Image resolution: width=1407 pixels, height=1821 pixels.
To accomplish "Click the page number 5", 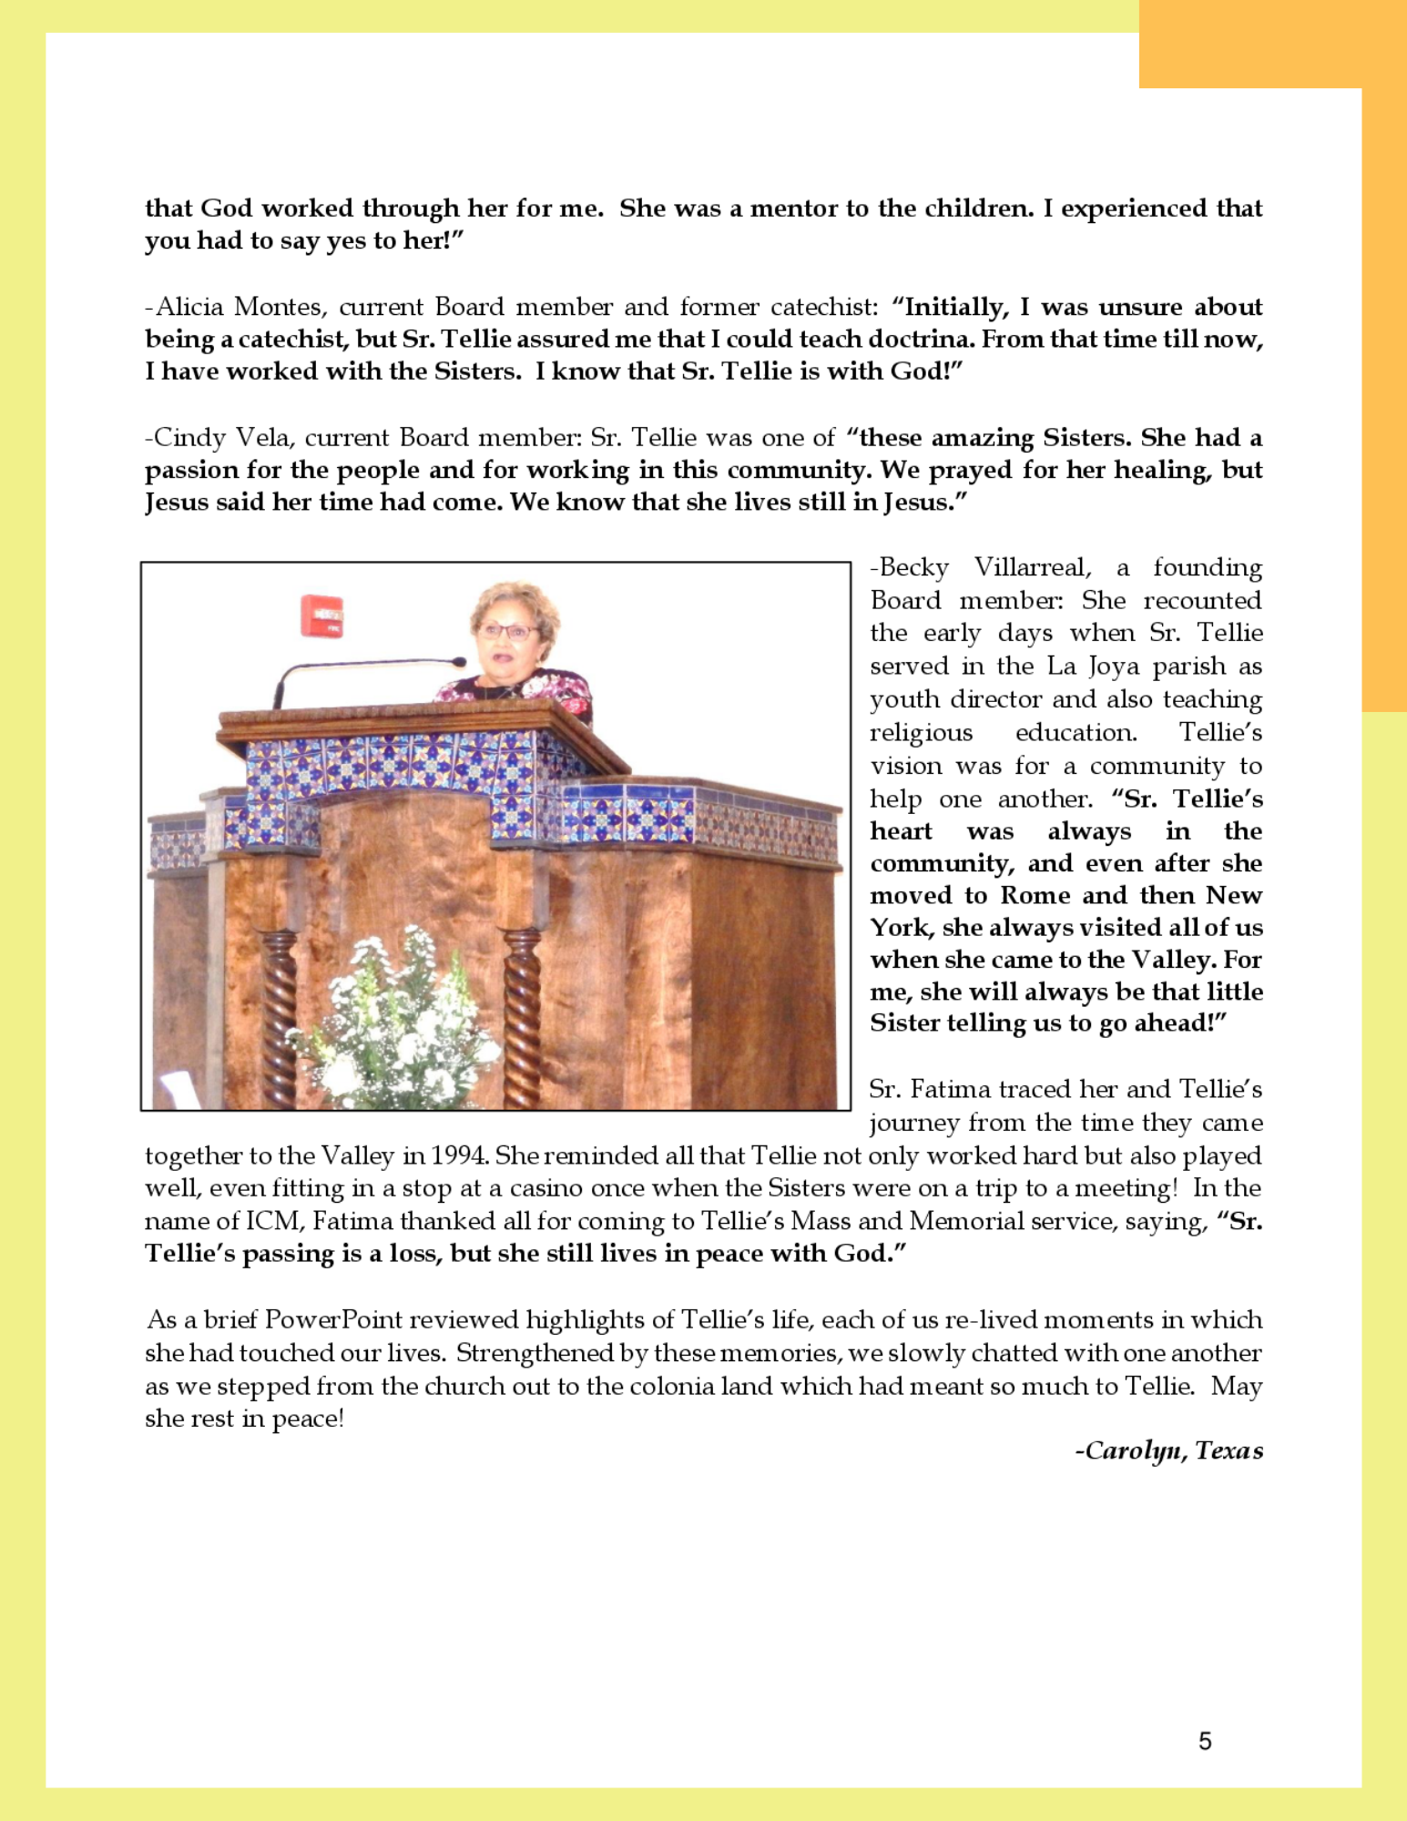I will pyautogui.click(x=1205, y=1741).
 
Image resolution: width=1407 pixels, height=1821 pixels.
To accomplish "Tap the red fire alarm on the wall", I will pyautogui.click(x=321, y=615).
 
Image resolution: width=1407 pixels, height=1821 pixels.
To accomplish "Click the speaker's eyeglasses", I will pyautogui.click(x=508, y=630).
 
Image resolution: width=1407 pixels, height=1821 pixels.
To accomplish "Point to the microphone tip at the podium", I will pyautogui.click(x=459, y=662).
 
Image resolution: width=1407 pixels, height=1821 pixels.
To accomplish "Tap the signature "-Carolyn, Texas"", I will pyautogui.click(x=1169, y=1450).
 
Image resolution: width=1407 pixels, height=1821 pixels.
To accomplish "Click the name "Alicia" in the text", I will pyautogui.click(x=189, y=307).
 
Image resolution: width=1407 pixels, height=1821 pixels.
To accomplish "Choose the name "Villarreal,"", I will pyautogui.click(x=1033, y=567).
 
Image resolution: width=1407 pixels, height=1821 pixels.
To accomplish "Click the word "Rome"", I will pyautogui.click(x=1035, y=896).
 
